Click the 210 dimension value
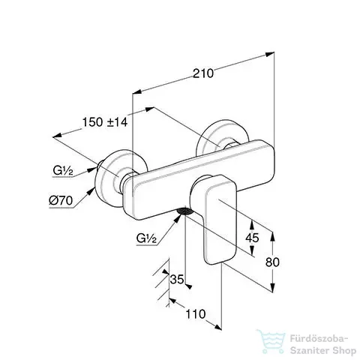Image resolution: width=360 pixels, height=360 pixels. (203, 73)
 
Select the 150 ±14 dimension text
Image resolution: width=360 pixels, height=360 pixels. (105, 122)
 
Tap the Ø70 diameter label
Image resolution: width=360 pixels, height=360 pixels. (61, 200)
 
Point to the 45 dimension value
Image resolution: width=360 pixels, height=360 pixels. (252, 238)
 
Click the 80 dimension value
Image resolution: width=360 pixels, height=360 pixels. (272, 262)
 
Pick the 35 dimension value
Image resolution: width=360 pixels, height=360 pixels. (177, 279)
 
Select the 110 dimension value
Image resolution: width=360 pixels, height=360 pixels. (196, 314)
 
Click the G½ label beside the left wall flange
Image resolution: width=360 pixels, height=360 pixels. (63, 171)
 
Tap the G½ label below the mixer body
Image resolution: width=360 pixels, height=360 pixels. (146, 238)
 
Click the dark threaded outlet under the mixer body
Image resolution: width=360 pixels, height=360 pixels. (185, 211)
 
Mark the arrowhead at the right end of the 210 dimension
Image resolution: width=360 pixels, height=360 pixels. (270, 54)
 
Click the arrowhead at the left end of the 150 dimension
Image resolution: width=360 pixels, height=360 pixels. (57, 135)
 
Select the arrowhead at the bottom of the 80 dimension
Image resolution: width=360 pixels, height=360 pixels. (272, 287)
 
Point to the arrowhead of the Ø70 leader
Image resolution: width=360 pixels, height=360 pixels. (91, 191)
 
